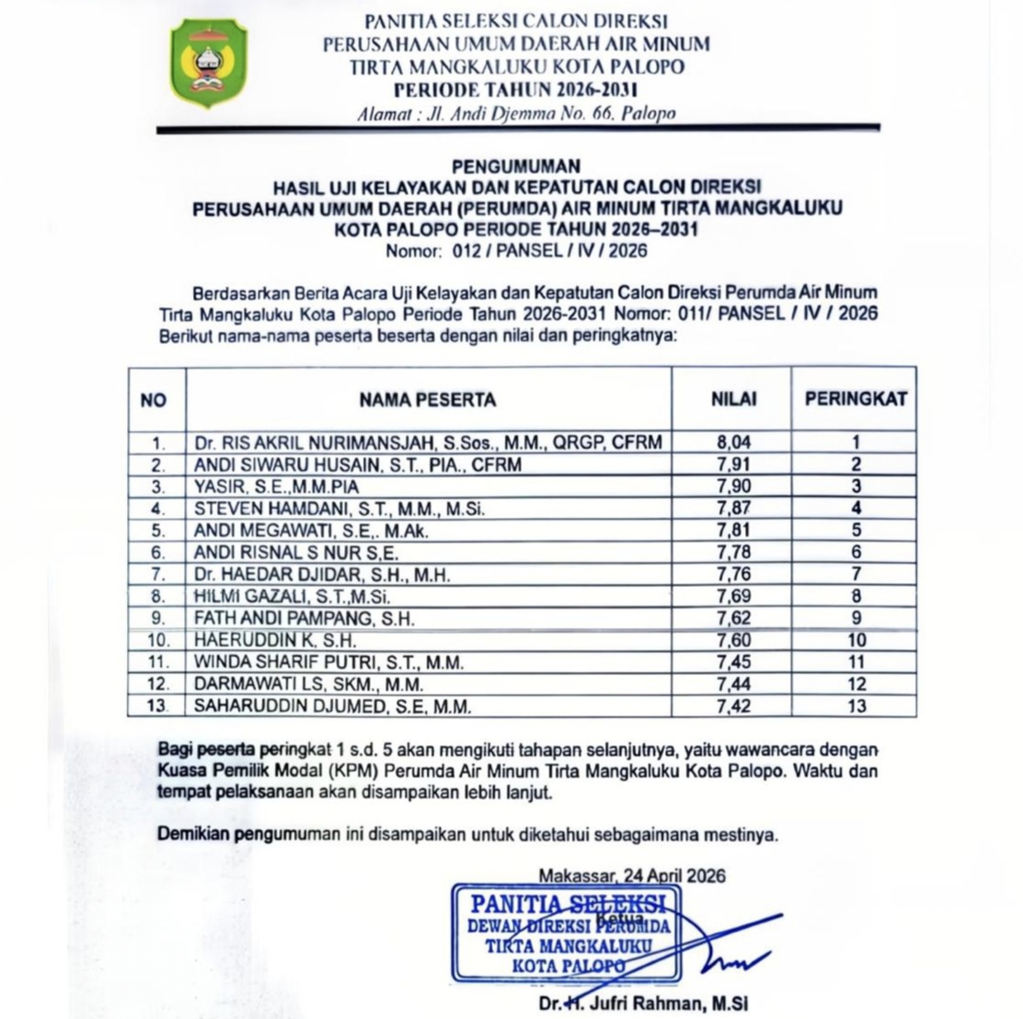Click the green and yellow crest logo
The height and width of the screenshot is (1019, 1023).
point(209,63)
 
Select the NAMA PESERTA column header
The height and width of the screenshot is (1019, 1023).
point(428,399)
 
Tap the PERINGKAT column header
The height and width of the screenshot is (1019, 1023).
point(856,398)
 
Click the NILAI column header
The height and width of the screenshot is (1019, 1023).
point(733,399)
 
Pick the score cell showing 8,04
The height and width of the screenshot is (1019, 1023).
point(734,442)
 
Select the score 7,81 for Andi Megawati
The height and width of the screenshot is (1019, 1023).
point(734,530)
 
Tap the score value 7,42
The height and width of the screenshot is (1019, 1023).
point(734,706)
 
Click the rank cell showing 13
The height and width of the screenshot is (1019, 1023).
point(856,706)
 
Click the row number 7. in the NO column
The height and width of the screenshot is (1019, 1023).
point(157,574)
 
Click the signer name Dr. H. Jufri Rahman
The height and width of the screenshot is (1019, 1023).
point(645,1003)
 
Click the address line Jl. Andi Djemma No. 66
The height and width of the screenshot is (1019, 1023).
point(515,114)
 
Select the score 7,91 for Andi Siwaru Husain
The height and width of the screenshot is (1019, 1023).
point(734,464)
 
